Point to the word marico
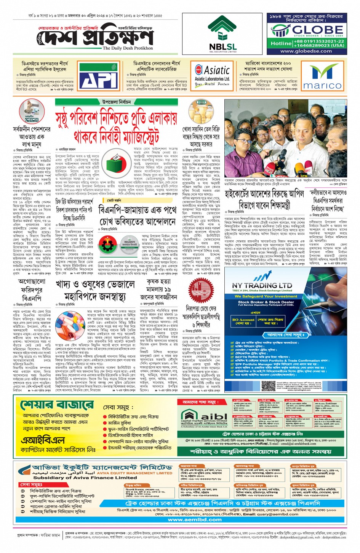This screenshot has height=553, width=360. tap(322, 86)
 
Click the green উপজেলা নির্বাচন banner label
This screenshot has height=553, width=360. tap(116, 102)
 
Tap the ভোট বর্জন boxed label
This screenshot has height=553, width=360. tap(114, 200)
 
